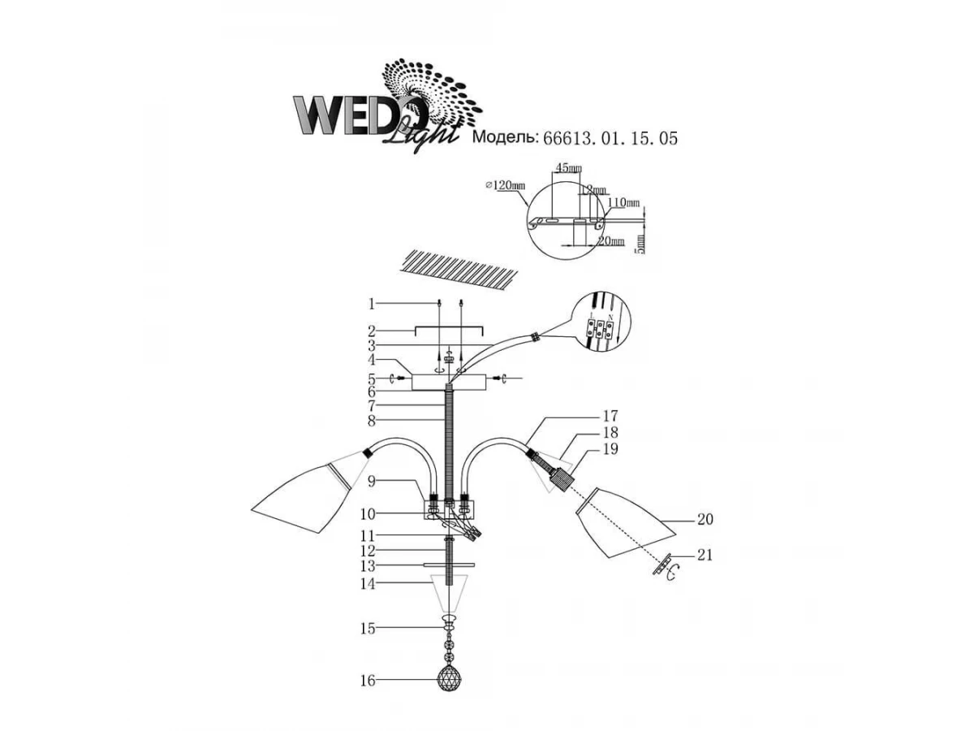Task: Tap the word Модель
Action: [x=504, y=138]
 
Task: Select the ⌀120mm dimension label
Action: [x=504, y=185]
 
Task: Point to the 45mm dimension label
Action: [x=567, y=169]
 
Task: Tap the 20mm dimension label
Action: [x=612, y=241]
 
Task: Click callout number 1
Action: [x=371, y=304]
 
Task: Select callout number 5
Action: [x=371, y=378]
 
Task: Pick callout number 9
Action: [x=371, y=481]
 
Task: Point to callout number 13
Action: [x=369, y=565]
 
